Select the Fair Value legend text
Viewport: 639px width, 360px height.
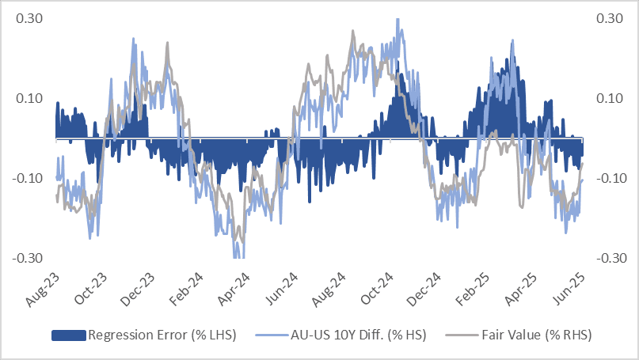pos(536,335)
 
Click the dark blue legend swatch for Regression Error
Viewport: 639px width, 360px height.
pos(69,335)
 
